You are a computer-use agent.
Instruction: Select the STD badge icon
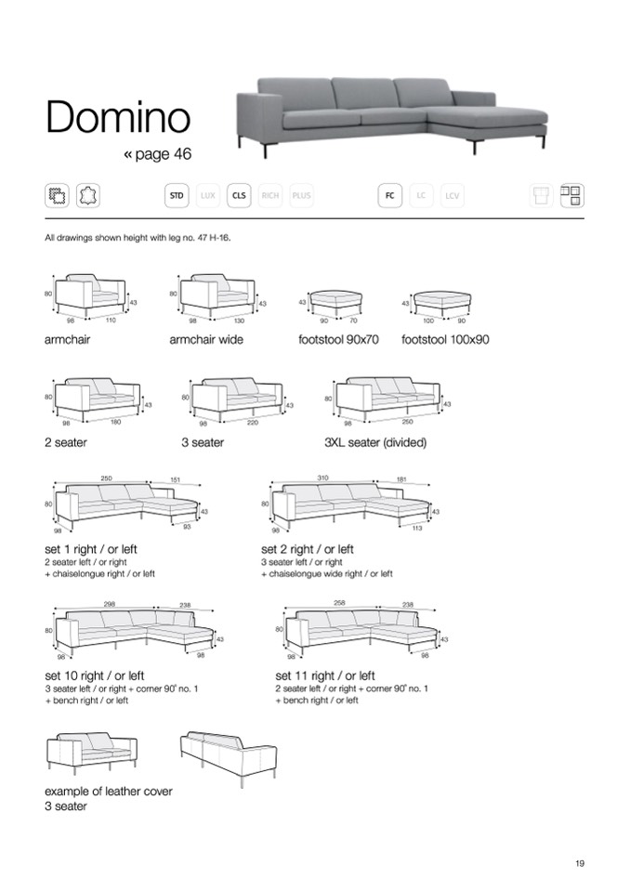[176, 195]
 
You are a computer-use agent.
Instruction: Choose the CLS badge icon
[240, 195]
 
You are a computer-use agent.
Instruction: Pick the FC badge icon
[390, 195]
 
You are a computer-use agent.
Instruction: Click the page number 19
[580, 863]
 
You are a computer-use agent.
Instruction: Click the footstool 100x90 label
[445, 340]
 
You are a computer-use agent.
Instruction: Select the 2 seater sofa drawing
[97, 398]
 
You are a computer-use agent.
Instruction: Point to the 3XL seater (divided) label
[374, 443]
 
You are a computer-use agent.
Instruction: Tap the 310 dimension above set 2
[322, 478]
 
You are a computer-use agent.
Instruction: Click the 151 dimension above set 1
[175, 479]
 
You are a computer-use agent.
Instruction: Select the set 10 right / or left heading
[94, 675]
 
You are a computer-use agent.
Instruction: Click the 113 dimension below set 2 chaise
[417, 528]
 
